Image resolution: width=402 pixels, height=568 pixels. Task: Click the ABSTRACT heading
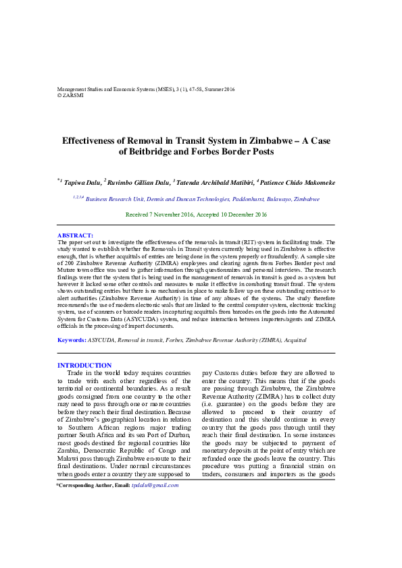[75, 235]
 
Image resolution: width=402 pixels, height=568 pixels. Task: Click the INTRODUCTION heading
[84, 366]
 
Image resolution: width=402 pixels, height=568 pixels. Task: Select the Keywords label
[71, 340]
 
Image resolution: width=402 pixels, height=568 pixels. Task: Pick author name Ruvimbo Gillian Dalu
[138, 182]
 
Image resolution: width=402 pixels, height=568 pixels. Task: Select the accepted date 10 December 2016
[242, 215]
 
